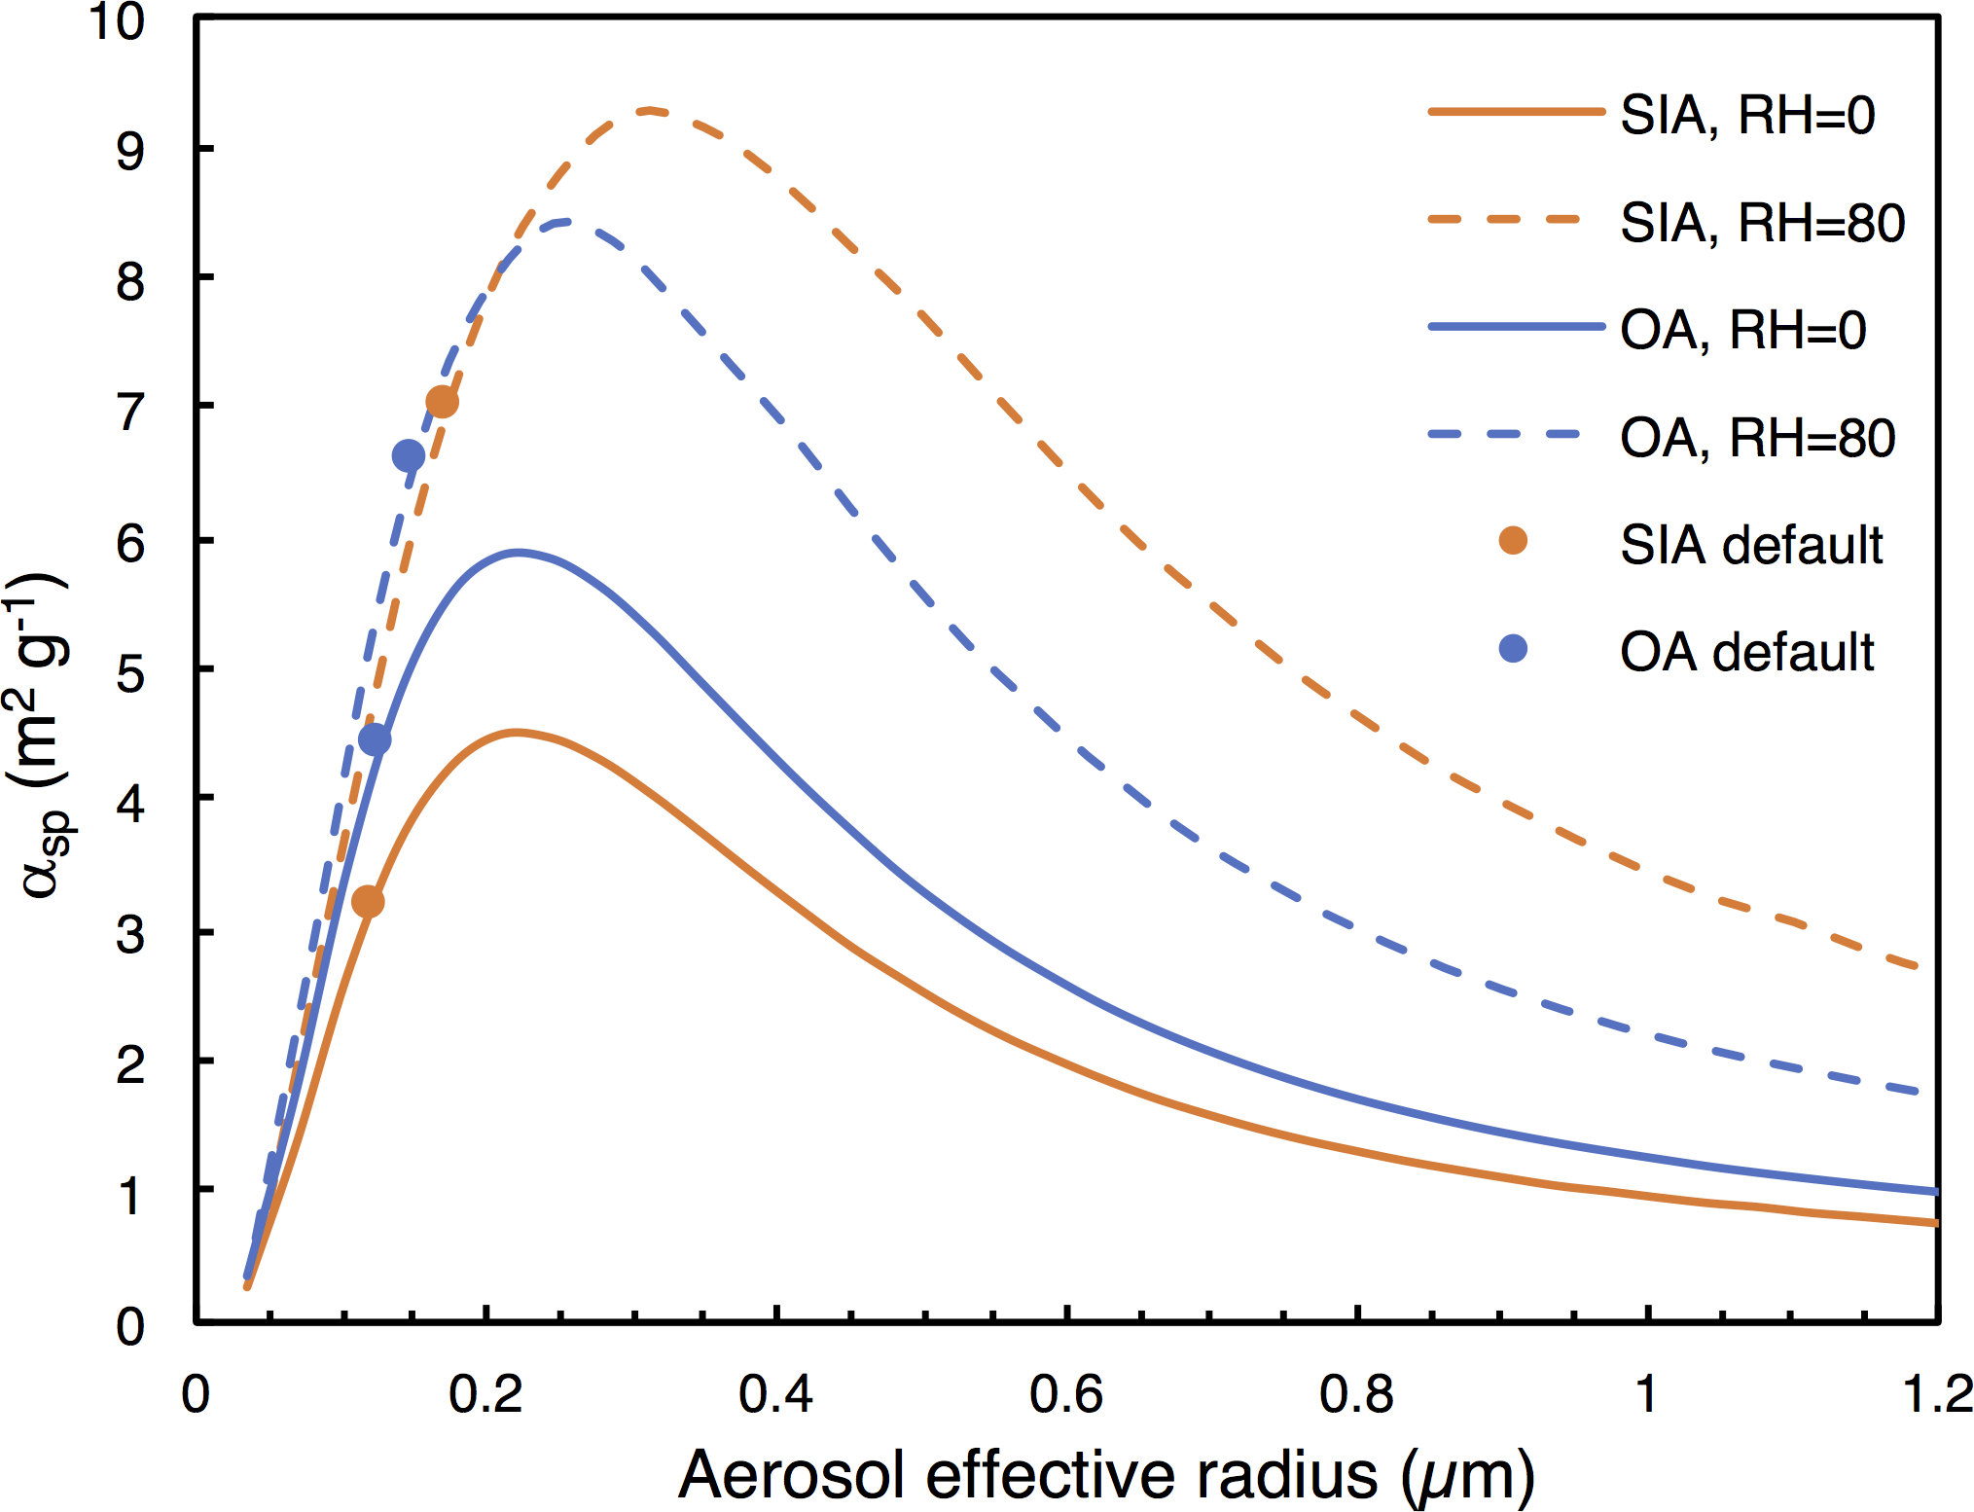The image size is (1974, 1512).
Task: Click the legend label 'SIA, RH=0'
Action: (x=1746, y=116)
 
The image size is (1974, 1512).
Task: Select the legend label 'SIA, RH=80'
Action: (x=1761, y=223)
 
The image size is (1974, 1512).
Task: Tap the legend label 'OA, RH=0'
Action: (x=1742, y=330)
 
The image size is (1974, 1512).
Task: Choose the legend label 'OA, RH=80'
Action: (x=1757, y=438)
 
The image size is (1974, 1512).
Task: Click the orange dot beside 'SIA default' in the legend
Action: (x=1513, y=540)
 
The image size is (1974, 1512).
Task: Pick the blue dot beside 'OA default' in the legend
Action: (x=1513, y=648)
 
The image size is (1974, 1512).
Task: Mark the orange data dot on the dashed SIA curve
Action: (x=442, y=402)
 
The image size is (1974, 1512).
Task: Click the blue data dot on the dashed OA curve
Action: (x=409, y=455)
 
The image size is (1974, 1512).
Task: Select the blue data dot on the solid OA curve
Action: (x=375, y=739)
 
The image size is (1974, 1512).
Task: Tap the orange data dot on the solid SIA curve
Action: (x=368, y=902)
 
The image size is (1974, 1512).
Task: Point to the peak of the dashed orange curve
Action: (x=649, y=110)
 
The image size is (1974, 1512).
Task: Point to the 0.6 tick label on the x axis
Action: (x=1066, y=1393)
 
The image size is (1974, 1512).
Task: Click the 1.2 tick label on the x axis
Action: (x=1936, y=1393)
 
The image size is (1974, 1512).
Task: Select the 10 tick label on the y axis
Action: (x=117, y=21)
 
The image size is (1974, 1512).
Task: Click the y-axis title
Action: (x=41, y=736)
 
